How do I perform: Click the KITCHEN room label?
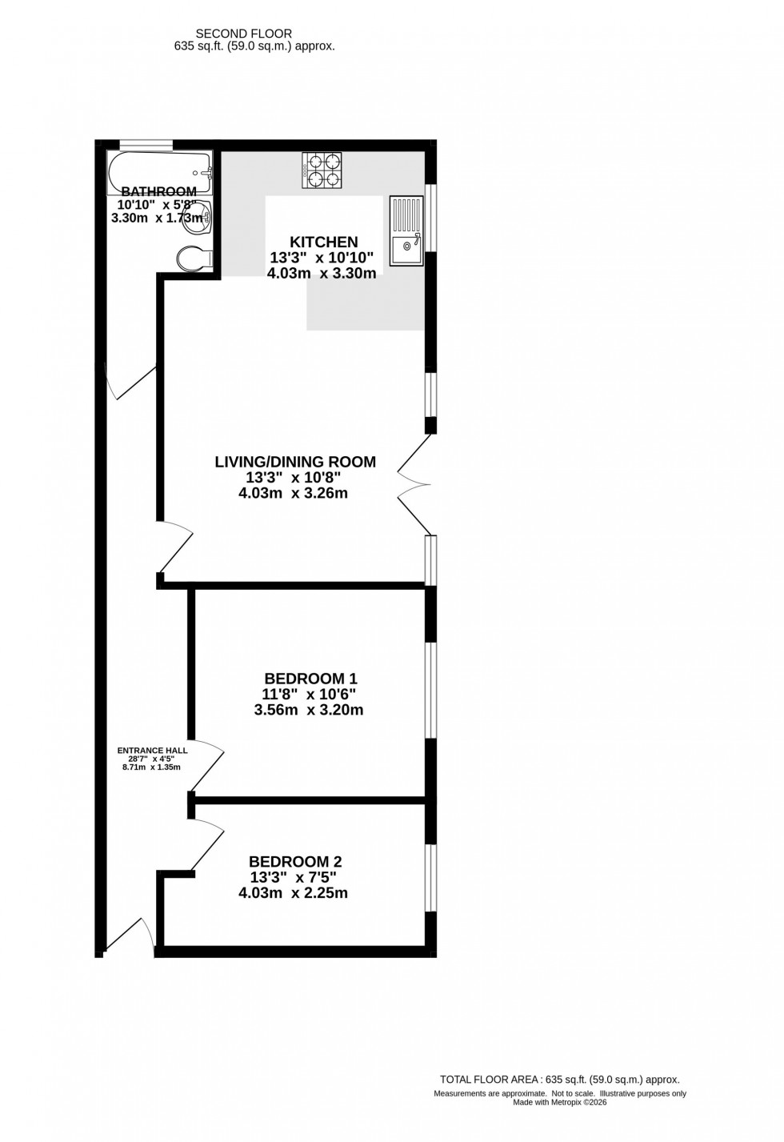pyautogui.click(x=323, y=242)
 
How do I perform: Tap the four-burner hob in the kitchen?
pyautogui.click(x=322, y=170)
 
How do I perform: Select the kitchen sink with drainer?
pyautogui.click(x=406, y=230)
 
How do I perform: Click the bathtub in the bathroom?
pyautogui.click(x=160, y=171)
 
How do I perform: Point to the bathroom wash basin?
pyautogui.click(x=198, y=217)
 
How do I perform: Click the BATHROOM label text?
pyautogui.click(x=158, y=191)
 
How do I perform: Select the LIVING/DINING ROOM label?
pyautogui.click(x=295, y=462)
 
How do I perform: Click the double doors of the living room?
pyautogui.click(x=414, y=485)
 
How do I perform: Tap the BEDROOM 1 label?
pyautogui.click(x=310, y=679)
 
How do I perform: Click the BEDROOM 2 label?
pyautogui.click(x=295, y=862)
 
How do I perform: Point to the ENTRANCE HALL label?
pyautogui.click(x=152, y=751)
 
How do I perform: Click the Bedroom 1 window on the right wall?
pyautogui.click(x=431, y=689)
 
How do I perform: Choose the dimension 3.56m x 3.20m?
pyautogui.click(x=309, y=710)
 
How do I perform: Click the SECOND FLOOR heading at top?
pyautogui.click(x=244, y=34)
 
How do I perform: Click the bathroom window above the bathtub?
pyautogui.click(x=146, y=144)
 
